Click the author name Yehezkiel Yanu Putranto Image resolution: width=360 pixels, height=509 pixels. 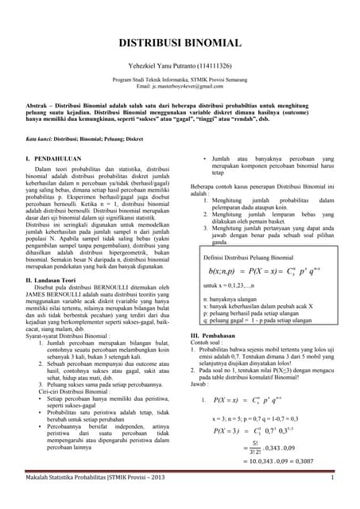point(180,68)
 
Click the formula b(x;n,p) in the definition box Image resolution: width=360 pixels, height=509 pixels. point(224,270)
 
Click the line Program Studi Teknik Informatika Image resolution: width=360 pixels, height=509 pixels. point(180,80)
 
